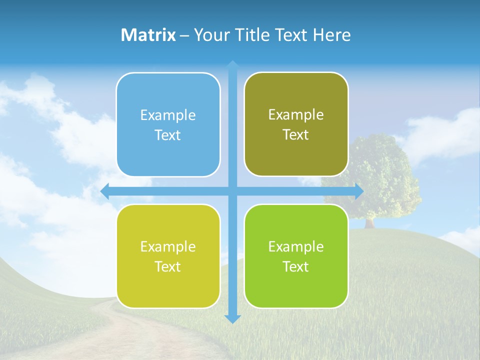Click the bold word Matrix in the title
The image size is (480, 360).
tap(148, 35)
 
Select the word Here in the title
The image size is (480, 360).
tap(332, 35)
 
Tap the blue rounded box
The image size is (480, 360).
tap(168, 124)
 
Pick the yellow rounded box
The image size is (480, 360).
tap(168, 256)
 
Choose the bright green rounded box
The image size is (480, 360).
tap(296, 256)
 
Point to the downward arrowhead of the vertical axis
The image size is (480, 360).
tap(232, 318)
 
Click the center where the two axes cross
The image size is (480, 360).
tap(232, 191)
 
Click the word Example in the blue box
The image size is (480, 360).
tap(168, 115)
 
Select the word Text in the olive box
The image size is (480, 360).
tap(296, 134)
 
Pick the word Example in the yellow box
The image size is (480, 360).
tap(168, 246)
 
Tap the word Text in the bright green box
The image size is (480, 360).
tap(296, 266)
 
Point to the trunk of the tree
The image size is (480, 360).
tap(369, 222)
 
